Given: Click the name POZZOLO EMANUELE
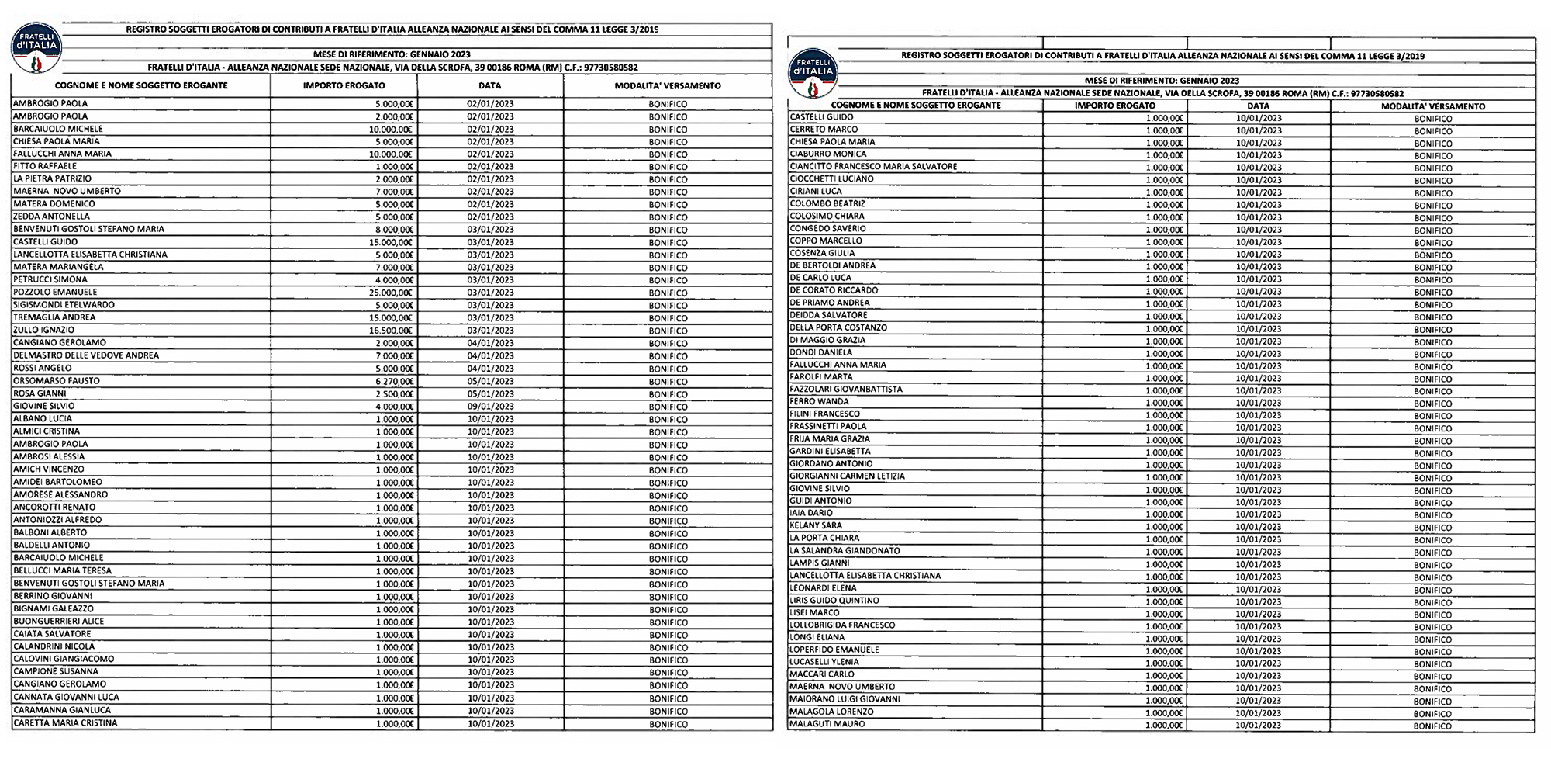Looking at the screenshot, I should (55, 293).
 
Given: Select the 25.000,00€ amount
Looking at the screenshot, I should (391, 293).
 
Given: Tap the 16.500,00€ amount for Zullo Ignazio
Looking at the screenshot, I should (391, 331).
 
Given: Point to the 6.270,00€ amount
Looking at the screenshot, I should (394, 381).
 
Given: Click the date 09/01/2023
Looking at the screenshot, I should (490, 407).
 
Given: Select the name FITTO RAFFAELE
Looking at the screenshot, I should (45, 166).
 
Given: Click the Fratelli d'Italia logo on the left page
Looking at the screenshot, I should (36, 48).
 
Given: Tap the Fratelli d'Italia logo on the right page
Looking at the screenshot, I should (812, 71).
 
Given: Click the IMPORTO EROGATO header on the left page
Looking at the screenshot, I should (344, 86).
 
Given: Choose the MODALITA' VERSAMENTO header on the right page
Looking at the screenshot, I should (1433, 106).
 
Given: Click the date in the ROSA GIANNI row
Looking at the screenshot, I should (490, 394).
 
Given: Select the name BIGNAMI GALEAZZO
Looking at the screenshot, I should (54, 609).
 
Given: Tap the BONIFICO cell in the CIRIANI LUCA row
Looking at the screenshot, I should (1433, 192).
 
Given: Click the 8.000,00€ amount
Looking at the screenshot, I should (394, 230).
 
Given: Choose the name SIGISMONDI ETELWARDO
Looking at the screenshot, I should (64, 305).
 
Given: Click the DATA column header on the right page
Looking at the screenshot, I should (1259, 106).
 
